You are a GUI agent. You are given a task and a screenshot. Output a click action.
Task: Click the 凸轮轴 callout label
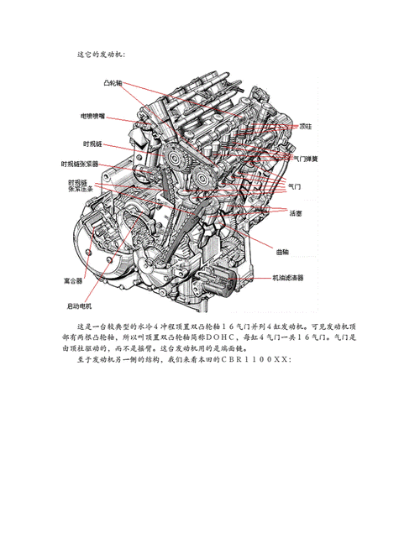pyautogui.click(x=113, y=84)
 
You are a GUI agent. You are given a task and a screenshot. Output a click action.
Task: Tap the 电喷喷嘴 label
pyautogui.click(x=98, y=117)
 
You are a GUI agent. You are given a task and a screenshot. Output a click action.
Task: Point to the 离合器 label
pyautogui.click(x=73, y=279)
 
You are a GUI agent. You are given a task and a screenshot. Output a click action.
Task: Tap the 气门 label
pyautogui.click(x=295, y=186)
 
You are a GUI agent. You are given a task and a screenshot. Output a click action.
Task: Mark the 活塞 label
pyautogui.click(x=296, y=214)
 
